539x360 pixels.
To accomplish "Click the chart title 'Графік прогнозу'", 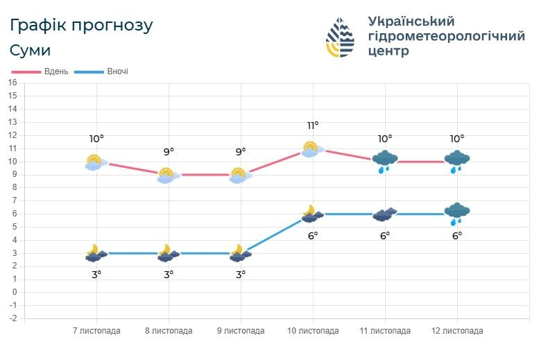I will coord(82,26).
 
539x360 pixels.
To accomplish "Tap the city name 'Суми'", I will coord(31,51).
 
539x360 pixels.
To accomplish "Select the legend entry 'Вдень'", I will coord(55,71).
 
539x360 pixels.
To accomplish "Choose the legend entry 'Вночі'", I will coord(117,71).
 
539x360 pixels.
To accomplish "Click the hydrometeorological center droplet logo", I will coord(340,37).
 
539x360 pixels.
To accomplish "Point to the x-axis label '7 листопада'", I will coord(96,331).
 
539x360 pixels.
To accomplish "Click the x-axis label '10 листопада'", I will coord(313,331).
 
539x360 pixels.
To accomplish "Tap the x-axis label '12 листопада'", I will coord(457,331).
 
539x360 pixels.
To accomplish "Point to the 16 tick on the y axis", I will coord(12,83).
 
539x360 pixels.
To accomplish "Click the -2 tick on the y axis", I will coord(12,318).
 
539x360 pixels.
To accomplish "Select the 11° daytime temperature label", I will coord(313,126).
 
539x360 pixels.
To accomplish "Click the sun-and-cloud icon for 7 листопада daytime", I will coord(94,162).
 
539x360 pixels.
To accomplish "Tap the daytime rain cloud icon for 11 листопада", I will coord(385,161).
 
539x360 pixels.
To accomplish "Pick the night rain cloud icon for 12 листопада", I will coord(457,213).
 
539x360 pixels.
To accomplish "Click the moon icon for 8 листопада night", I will coord(166,252).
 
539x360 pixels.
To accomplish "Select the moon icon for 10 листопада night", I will coord(311,213).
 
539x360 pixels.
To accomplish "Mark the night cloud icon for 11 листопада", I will coord(385,214).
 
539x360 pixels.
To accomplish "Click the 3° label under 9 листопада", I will coord(241,275).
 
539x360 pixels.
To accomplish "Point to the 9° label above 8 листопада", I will coord(169,152).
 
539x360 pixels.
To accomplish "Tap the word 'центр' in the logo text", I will coord(388,51).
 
